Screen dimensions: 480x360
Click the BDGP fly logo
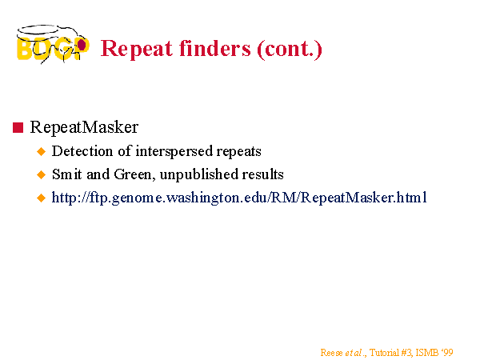pyautogui.click(x=53, y=44)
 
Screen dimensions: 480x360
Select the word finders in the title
pyautogui.click(x=215, y=48)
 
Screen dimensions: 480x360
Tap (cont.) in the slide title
pyautogui.click(x=290, y=49)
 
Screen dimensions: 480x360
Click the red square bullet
pyautogui.click(x=18, y=127)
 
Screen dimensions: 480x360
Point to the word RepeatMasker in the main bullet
pyautogui.click(x=84, y=127)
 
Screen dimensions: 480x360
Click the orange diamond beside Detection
pyautogui.click(x=41, y=151)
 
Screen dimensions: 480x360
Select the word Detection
pyautogui.click(x=82, y=151)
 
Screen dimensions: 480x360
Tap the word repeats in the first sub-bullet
pyautogui.click(x=238, y=152)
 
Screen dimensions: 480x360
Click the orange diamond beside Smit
pyautogui.click(x=41, y=174)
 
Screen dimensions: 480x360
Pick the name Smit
pyautogui.click(x=67, y=174)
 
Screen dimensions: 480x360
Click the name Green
pyautogui.click(x=133, y=174)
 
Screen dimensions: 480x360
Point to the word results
pyautogui.click(x=262, y=174)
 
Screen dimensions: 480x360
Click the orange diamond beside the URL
pyautogui.click(x=41, y=198)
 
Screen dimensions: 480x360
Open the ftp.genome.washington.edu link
pyautogui.click(x=239, y=198)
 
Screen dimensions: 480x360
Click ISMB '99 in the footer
pyautogui.click(x=434, y=353)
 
